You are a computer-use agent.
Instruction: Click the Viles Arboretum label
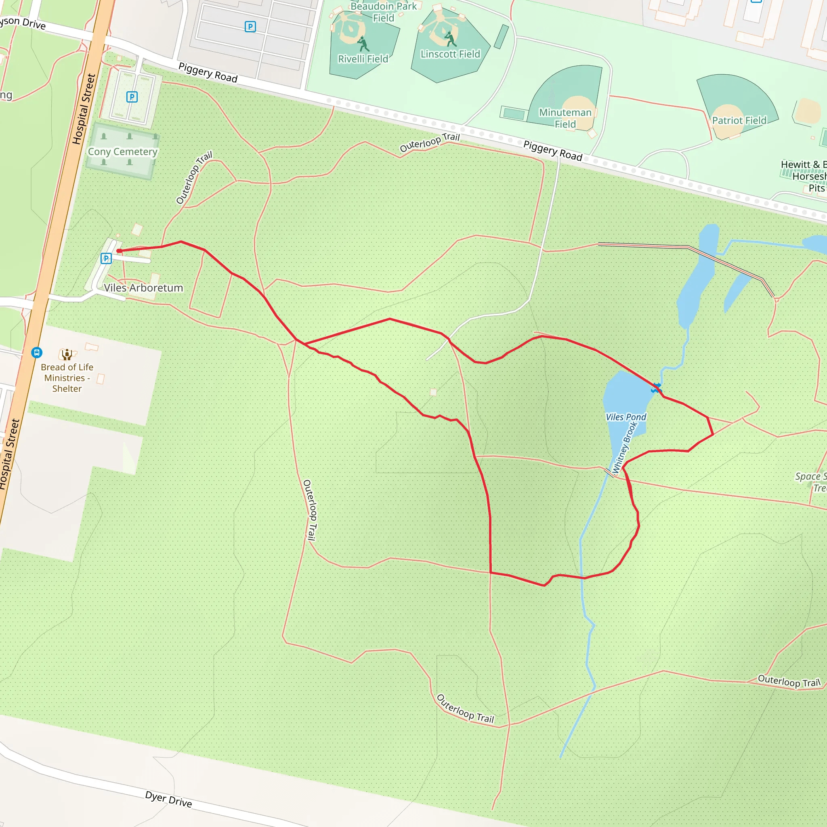143,288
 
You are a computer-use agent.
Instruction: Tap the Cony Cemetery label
122,151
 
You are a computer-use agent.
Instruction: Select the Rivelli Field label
363,59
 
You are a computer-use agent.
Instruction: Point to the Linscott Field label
450,54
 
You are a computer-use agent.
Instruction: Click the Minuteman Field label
565,118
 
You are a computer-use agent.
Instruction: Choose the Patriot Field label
739,120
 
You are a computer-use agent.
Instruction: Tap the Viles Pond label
626,417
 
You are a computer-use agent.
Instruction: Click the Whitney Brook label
625,448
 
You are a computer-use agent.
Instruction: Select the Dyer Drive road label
169,799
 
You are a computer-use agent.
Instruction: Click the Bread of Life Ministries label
67,378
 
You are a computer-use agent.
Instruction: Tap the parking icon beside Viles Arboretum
106,258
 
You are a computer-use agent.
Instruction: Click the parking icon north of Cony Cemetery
132,97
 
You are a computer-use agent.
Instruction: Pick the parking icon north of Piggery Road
250,27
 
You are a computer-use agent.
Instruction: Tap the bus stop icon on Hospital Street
37,352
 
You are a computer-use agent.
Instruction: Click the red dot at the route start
119,251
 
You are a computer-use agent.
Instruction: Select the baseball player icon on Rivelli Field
363,43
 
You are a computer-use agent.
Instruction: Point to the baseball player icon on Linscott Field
450,39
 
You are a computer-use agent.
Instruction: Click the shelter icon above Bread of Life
67,354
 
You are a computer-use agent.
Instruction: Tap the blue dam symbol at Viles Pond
656,388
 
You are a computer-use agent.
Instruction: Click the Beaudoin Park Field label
384,12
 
